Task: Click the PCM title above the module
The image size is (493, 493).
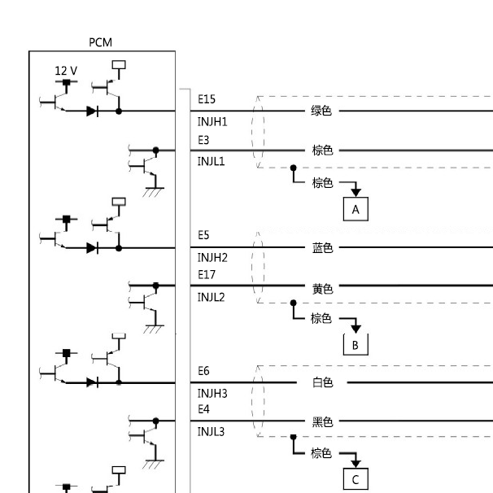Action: (x=100, y=42)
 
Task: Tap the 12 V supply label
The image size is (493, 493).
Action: (x=66, y=71)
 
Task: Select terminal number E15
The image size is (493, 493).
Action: (x=207, y=99)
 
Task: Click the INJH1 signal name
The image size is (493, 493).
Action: (x=212, y=122)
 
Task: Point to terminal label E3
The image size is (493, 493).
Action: (x=203, y=140)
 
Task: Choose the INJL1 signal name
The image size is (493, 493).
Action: (x=211, y=161)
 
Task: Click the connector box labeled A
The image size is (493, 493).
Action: (x=356, y=209)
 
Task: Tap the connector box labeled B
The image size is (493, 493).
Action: (x=356, y=345)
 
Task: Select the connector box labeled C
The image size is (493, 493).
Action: (x=356, y=479)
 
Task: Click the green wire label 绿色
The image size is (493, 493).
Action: (x=321, y=111)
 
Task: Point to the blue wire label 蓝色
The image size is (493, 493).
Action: (x=323, y=248)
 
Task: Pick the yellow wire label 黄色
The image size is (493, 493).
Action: (x=323, y=289)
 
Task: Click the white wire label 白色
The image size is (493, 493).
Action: (x=323, y=382)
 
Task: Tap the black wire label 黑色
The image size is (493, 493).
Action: (x=323, y=421)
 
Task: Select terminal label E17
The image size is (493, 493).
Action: (x=207, y=275)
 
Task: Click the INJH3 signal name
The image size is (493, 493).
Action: (x=212, y=393)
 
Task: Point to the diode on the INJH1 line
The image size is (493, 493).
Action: (x=92, y=111)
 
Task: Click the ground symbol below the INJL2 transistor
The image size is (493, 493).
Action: (x=154, y=329)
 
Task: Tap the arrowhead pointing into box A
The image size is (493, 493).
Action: (x=356, y=193)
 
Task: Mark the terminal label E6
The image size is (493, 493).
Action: (x=203, y=371)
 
